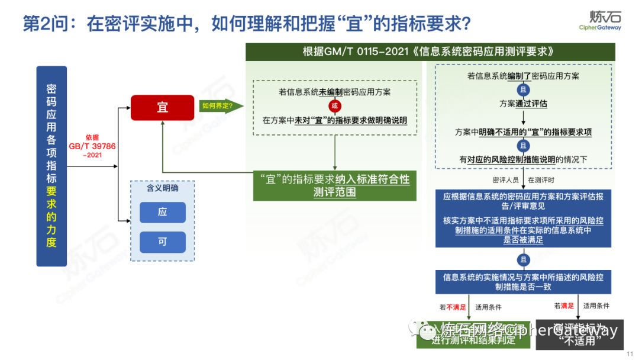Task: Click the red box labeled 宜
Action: pos(162,107)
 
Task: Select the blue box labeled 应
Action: pos(163,212)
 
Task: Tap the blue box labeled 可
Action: pos(163,242)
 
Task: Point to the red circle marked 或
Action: pos(335,106)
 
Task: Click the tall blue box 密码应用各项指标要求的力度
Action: pos(51,166)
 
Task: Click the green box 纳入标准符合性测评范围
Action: pos(335,185)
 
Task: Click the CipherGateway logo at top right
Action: pos(600,20)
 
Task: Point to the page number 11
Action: pos(629,353)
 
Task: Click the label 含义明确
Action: pos(162,188)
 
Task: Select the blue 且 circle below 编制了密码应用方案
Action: pos(523,89)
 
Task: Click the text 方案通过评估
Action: pos(523,104)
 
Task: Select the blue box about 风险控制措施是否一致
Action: pos(523,282)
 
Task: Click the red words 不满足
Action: pos(456,307)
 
